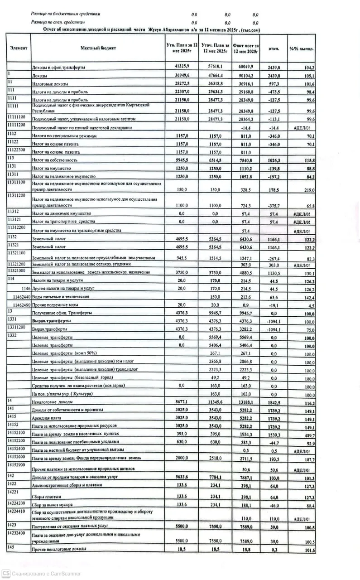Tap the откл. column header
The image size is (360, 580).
coord(274,48)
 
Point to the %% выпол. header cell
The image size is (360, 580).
coord(302,48)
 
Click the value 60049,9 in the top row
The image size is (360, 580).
coord(245,67)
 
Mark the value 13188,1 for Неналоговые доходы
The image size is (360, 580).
coord(245,402)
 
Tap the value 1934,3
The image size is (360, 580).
coord(246,435)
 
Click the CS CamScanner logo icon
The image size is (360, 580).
coord(6,573)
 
